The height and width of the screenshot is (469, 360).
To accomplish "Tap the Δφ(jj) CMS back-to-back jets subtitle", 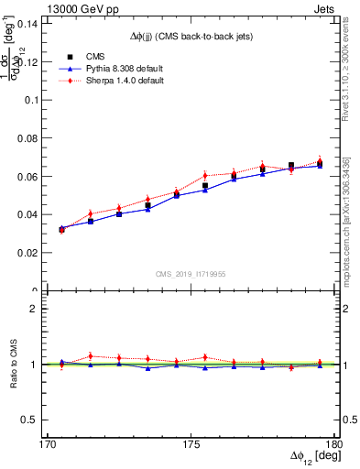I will [190, 36].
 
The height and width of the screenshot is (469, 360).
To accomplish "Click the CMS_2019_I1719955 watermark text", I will [190, 273].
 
